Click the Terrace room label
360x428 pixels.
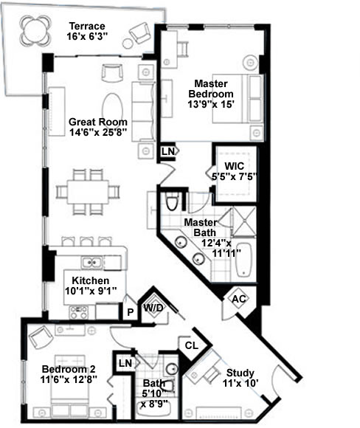pos(87,27)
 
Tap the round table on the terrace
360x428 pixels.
pos(35,30)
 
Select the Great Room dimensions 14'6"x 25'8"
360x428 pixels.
pos(98,132)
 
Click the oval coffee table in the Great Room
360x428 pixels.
pos(112,108)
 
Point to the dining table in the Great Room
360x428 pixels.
pos(88,192)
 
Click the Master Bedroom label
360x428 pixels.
pos(211,89)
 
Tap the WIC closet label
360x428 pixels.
pos(234,166)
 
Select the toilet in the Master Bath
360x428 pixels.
pos(172,201)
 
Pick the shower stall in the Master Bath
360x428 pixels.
pos(244,221)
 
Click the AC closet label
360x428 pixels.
pos(238,299)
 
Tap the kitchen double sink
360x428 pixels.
pos(92,263)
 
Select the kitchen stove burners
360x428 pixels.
pos(79,313)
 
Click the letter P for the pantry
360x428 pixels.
pos(131,312)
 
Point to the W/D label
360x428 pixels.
pos(153,308)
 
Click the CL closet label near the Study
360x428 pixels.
pos(191,345)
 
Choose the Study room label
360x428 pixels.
pos(240,373)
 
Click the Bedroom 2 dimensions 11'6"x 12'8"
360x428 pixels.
pos(69,380)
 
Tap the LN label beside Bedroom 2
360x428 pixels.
pos(125,363)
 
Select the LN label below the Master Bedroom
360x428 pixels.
pos(167,151)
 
